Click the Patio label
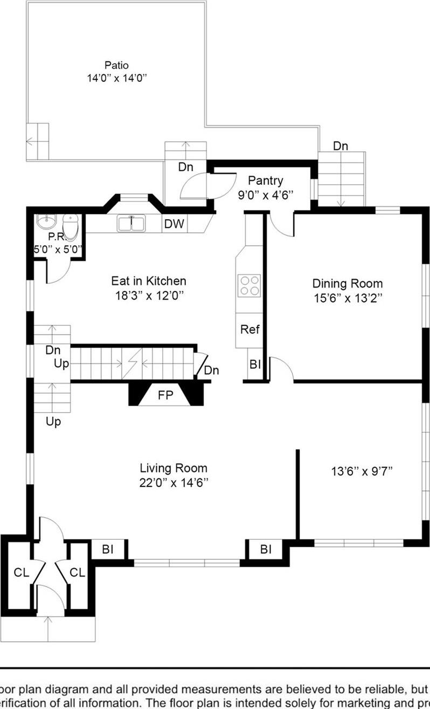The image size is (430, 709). point(116,65)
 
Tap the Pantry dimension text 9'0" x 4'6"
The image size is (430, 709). point(265,194)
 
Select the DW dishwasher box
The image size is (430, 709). point(174,224)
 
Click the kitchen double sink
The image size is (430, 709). point(131,223)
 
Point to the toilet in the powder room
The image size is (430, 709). point(71,225)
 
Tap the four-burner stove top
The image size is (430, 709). point(249,285)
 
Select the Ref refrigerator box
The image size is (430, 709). point(249,329)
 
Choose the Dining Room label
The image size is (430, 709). point(348,283)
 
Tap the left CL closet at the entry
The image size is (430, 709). point(21,572)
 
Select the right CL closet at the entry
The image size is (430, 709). point(78,572)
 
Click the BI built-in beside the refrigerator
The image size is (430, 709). point(255,365)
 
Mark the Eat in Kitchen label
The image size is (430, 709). point(149,281)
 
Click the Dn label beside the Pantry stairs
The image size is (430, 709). point(340,146)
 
